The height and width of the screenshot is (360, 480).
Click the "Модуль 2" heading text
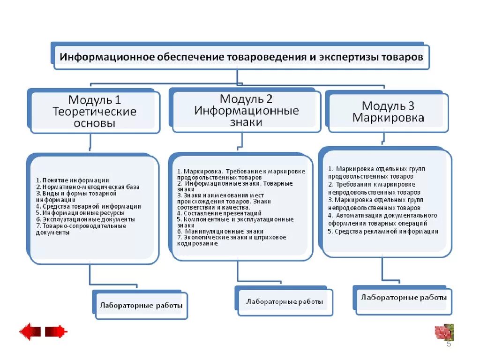tap(246, 99)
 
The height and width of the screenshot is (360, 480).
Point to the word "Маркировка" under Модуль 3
tap(388, 118)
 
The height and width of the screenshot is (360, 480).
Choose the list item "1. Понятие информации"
tap(73, 180)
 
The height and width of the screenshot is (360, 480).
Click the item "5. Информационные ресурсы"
tap(80, 212)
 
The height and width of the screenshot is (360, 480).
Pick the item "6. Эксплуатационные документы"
tap(85, 219)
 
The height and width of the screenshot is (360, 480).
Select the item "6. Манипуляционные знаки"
tap(220, 231)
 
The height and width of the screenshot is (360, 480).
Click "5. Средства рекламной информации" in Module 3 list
tap(383, 232)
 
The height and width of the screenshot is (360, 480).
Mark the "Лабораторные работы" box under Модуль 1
tap(141, 306)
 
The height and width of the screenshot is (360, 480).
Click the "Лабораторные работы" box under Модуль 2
tap(285, 302)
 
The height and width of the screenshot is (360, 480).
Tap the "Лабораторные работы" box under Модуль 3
tap(404, 298)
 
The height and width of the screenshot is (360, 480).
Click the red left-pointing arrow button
tap(31, 332)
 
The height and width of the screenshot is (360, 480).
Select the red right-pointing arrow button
tap(56, 332)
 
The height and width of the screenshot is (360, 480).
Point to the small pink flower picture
tap(444, 332)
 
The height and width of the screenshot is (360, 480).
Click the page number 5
tap(449, 345)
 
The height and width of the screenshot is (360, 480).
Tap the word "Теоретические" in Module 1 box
tap(94, 112)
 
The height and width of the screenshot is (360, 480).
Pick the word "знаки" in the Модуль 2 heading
tap(246, 122)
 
